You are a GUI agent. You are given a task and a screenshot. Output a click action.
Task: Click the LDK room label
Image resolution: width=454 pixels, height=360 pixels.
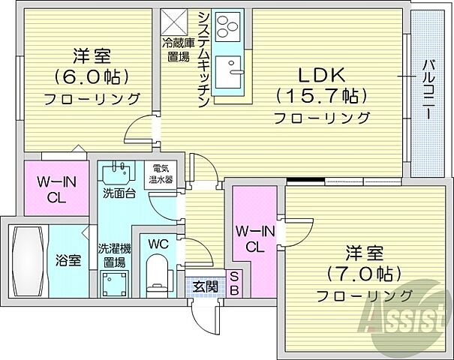pyautogui.click(x=322, y=75)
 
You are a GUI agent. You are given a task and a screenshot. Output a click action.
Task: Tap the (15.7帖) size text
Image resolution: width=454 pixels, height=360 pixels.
pyautogui.click(x=322, y=96)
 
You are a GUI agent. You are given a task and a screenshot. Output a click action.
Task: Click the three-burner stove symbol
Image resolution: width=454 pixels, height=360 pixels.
pyautogui.click(x=225, y=28)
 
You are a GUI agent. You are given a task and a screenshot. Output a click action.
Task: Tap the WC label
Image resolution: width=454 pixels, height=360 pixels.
pyautogui.click(x=158, y=244)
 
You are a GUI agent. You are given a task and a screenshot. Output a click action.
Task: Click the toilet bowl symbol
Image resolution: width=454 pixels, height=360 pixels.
pyautogui.click(x=158, y=274)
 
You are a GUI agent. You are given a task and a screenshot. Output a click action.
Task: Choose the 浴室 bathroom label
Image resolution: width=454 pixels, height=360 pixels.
pyautogui.click(x=68, y=260)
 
